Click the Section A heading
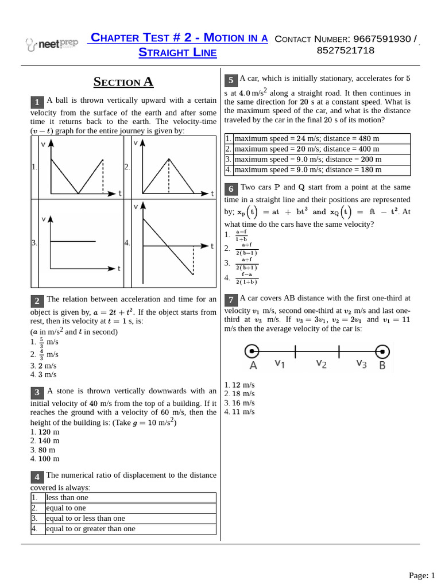[x=123, y=82]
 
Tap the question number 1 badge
[x=37, y=102]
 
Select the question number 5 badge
[x=230, y=80]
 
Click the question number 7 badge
[x=230, y=300]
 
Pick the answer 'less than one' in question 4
[x=67, y=497]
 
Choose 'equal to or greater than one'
[x=90, y=528]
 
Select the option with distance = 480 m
[x=307, y=138]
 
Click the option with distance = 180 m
[x=307, y=170]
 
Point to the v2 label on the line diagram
[x=321, y=363]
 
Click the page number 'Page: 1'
[x=422, y=575]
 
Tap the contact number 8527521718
[x=345, y=51]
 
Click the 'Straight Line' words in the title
[x=178, y=53]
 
